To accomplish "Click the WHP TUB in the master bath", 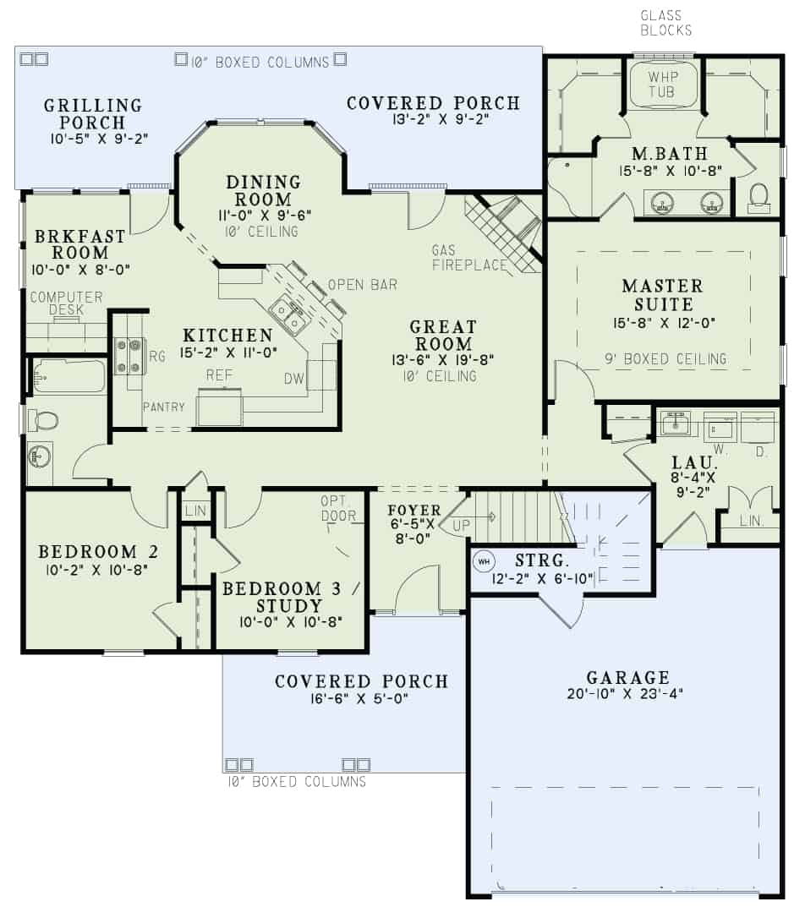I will tap(662, 84).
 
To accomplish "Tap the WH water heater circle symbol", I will tap(484, 560).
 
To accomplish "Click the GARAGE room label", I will tap(627, 677).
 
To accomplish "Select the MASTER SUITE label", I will tap(662, 295).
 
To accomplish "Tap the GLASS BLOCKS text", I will tap(665, 23).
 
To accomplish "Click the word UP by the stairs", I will tap(462, 526).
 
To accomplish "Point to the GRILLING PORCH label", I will tap(93, 113).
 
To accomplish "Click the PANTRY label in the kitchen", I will tap(163, 407).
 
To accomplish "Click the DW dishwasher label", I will tap(293, 379).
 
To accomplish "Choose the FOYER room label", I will tap(413, 510).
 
